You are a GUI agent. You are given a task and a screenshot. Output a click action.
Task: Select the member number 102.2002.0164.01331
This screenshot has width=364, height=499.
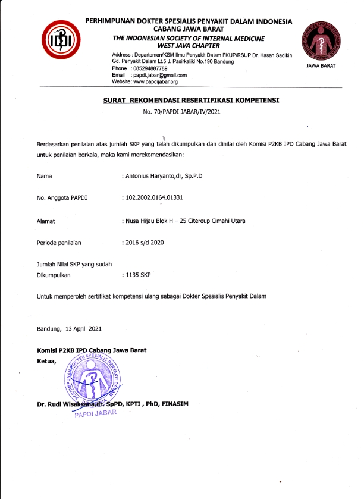coord(161,197)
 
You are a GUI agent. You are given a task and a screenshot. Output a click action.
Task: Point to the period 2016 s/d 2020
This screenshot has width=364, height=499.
coord(145,243)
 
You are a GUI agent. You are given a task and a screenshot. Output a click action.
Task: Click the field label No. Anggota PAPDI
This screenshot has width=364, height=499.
coord(61,197)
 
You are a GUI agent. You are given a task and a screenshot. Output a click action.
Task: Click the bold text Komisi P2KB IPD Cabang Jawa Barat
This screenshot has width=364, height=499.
coord(92,350)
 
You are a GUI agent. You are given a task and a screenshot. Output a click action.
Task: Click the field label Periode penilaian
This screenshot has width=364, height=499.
coord(59,243)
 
